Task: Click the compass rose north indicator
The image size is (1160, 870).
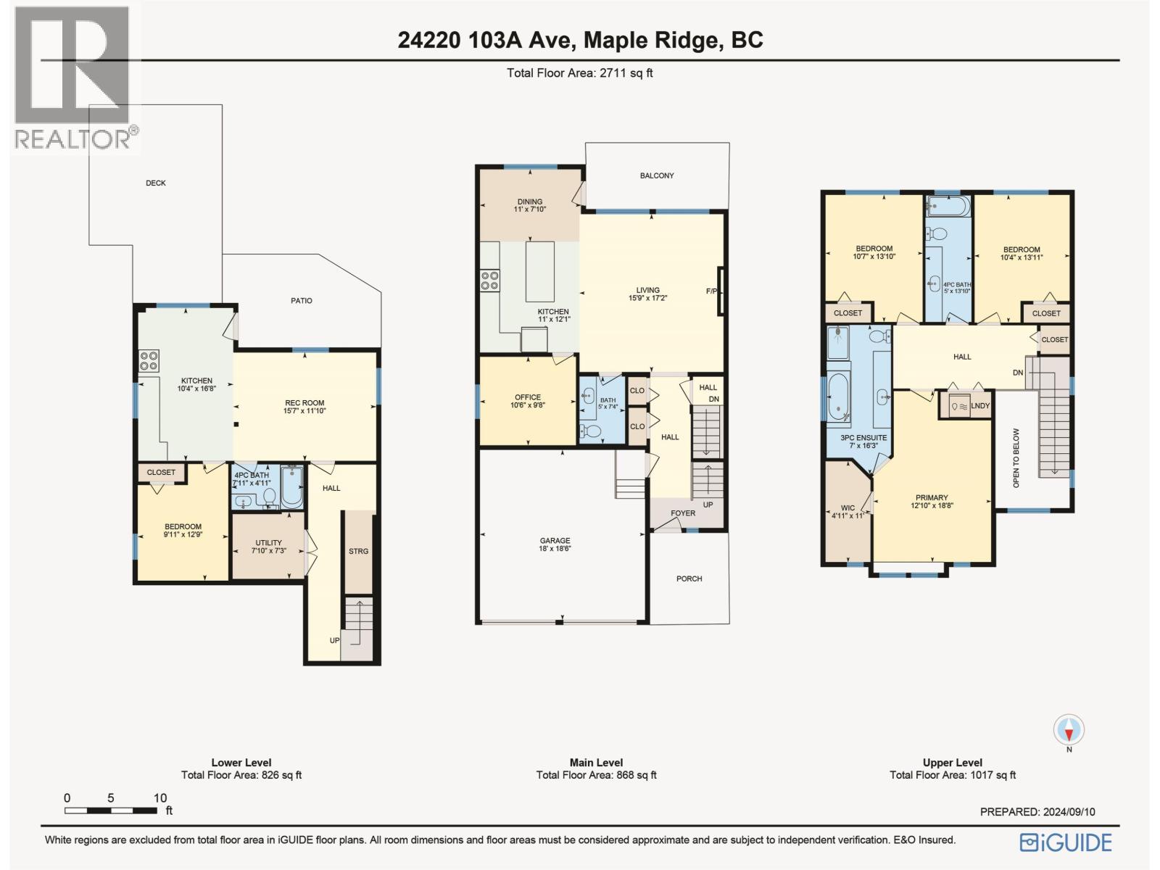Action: click(1069, 733)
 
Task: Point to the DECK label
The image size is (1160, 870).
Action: click(156, 183)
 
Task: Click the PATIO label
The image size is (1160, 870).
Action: click(301, 301)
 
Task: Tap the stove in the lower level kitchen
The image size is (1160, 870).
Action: click(149, 361)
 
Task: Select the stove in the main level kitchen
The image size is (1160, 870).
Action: click(489, 281)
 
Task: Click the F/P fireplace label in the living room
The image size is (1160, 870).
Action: click(711, 291)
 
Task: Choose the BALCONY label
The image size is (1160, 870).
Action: click(657, 176)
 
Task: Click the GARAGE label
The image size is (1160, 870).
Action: click(555, 540)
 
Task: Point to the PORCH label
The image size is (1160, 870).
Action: click(689, 579)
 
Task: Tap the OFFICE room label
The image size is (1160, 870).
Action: click(528, 397)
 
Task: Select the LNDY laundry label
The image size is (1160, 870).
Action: click(980, 406)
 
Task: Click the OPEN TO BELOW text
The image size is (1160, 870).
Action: click(1016, 458)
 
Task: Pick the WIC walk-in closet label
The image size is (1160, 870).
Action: click(848, 507)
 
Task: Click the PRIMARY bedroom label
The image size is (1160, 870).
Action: click(932, 497)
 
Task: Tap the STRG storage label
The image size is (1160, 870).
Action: click(358, 551)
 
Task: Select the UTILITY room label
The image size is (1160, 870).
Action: click(268, 542)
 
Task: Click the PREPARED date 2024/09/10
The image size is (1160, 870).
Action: click(1037, 811)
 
